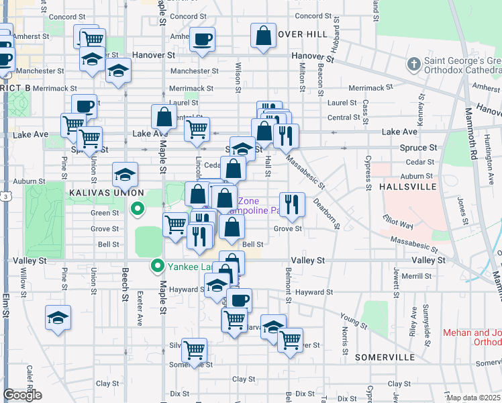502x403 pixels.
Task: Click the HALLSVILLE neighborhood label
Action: pos(403,186)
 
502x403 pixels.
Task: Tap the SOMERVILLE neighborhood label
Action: pos(385,357)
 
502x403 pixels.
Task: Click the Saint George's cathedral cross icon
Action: pos(414,65)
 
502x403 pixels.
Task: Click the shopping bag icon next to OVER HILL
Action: pos(264,36)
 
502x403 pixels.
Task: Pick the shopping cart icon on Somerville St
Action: pos(194,349)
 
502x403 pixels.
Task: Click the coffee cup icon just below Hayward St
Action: pos(239,300)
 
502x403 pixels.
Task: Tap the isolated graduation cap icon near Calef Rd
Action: pos(58,317)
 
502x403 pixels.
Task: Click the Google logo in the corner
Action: pos(22,395)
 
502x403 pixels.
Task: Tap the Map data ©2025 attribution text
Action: pos(472,398)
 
